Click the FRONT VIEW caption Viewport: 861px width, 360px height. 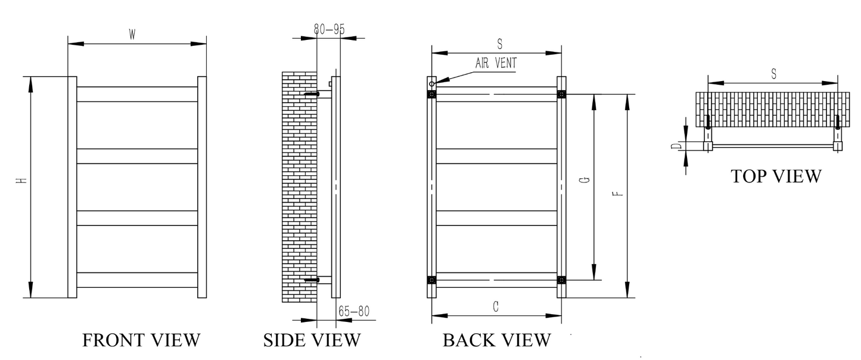[141, 340]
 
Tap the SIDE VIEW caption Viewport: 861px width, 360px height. [312, 340]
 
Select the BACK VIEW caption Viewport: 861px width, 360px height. [496, 340]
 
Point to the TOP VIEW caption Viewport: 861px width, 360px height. [776, 176]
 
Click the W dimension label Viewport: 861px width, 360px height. [132, 35]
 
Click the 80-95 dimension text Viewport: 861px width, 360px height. [329, 29]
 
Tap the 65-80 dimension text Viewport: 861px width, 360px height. [354, 311]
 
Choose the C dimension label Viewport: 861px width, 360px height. [496, 306]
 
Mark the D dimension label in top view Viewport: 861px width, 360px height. [675, 146]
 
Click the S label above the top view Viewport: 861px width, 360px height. [773, 74]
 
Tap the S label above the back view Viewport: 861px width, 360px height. [499, 44]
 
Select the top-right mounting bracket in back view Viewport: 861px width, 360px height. [561, 94]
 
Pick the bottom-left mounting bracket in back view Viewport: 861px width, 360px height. [432, 280]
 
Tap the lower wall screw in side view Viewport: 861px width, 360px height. [312, 280]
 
